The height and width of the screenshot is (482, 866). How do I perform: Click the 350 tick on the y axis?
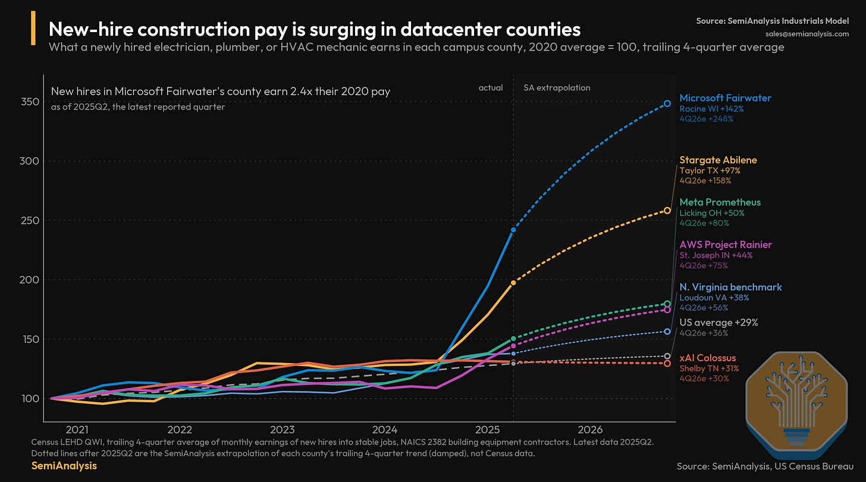point(30,102)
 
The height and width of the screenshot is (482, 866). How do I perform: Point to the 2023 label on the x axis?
point(282,430)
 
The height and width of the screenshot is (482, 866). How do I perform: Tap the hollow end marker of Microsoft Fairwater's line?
point(667,104)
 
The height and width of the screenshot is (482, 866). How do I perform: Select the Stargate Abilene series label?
point(718,159)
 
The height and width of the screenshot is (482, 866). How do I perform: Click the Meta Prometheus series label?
point(720,202)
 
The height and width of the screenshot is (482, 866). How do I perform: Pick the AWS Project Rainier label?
point(726,245)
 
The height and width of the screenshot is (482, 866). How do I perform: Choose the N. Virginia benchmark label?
point(730,287)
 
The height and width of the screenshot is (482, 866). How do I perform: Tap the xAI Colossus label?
point(708,358)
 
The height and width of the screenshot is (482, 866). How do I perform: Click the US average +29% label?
point(718,323)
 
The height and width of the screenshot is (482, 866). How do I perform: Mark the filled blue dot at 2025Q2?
point(513,230)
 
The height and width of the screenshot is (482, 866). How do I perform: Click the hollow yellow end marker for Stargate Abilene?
point(667,211)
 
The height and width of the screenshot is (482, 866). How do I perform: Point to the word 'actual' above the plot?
point(491,88)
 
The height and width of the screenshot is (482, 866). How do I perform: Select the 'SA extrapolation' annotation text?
point(557,88)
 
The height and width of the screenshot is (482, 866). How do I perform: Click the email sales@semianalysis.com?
point(807,34)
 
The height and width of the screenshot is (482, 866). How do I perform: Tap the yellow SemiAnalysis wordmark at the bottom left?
point(64,466)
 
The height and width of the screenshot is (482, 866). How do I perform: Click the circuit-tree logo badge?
point(796,404)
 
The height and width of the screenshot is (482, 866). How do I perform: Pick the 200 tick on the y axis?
point(30,280)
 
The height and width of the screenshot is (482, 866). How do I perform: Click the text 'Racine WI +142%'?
point(711,109)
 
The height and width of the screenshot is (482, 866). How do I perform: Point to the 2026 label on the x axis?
point(590,430)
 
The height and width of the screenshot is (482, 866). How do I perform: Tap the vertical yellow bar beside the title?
point(33,28)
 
